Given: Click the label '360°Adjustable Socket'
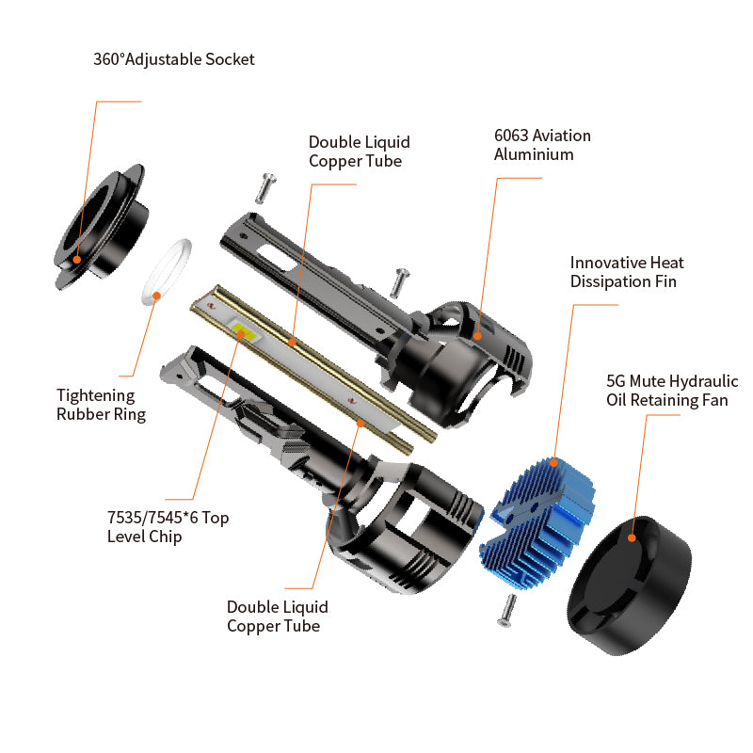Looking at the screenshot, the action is click(x=174, y=59).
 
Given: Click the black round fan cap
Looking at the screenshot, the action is click(x=629, y=585).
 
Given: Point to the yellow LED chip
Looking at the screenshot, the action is click(x=245, y=332).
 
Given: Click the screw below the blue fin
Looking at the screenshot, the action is click(x=506, y=610).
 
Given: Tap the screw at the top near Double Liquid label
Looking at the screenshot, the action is click(x=265, y=188).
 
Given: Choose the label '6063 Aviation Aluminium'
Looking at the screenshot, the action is click(x=542, y=145).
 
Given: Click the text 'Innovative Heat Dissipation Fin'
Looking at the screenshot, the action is click(x=627, y=272).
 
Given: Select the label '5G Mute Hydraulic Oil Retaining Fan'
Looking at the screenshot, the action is click(x=672, y=391).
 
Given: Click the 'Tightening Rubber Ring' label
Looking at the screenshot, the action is click(x=101, y=405).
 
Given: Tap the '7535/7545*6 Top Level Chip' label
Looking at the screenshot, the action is click(x=168, y=527).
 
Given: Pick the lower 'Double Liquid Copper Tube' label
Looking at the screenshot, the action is click(x=277, y=617).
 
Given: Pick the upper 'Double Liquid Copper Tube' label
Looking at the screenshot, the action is click(x=360, y=152).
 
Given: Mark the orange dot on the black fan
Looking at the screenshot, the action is click(x=632, y=537).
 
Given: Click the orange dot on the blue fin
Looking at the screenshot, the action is click(x=553, y=463).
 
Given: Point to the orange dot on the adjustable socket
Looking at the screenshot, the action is click(x=76, y=260).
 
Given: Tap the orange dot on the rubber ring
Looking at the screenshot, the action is click(x=156, y=296).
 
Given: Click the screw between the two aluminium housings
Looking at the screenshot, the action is click(x=399, y=282).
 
